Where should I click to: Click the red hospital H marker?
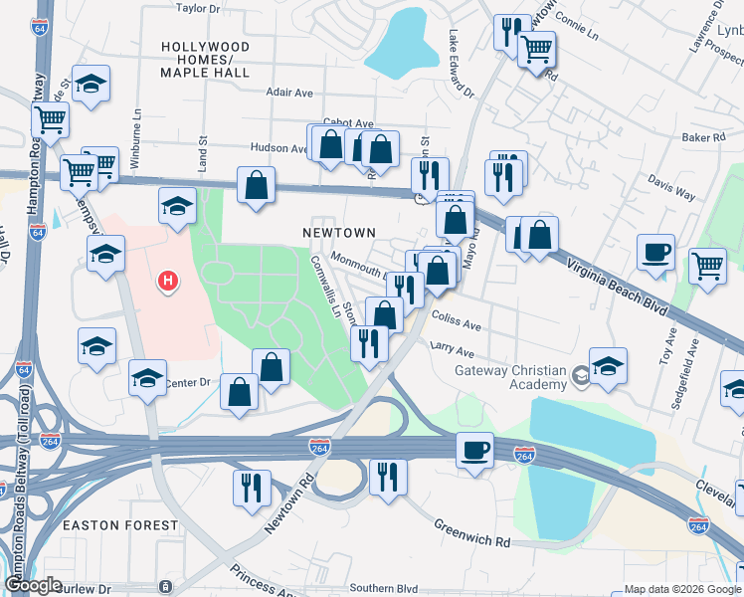pyautogui.click(x=168, y=283)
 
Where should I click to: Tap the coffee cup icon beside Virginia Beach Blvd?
pyautogui.click(x=655, y=253)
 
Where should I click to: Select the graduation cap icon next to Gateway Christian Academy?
pyautogui.click(x=607, y=365)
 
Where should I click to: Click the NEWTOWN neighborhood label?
pyautogui.click(x=339, y=233)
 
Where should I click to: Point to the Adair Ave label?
pyautogui.click(x=289, y=93)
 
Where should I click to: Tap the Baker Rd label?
pyautogui.click(x=702, y=137)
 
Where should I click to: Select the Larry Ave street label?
pyautogui.click(x=452, y=350)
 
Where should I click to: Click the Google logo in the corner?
pyautogui.click(x=33, y=585)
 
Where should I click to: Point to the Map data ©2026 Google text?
pyautogui.click(x=682, y=589)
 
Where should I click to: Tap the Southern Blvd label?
pyautogui.click(x=383, y=588)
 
